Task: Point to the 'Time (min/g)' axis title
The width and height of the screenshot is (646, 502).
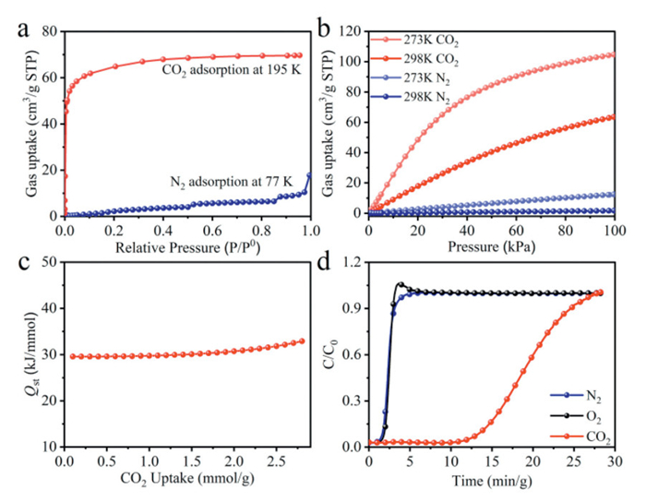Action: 491,479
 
